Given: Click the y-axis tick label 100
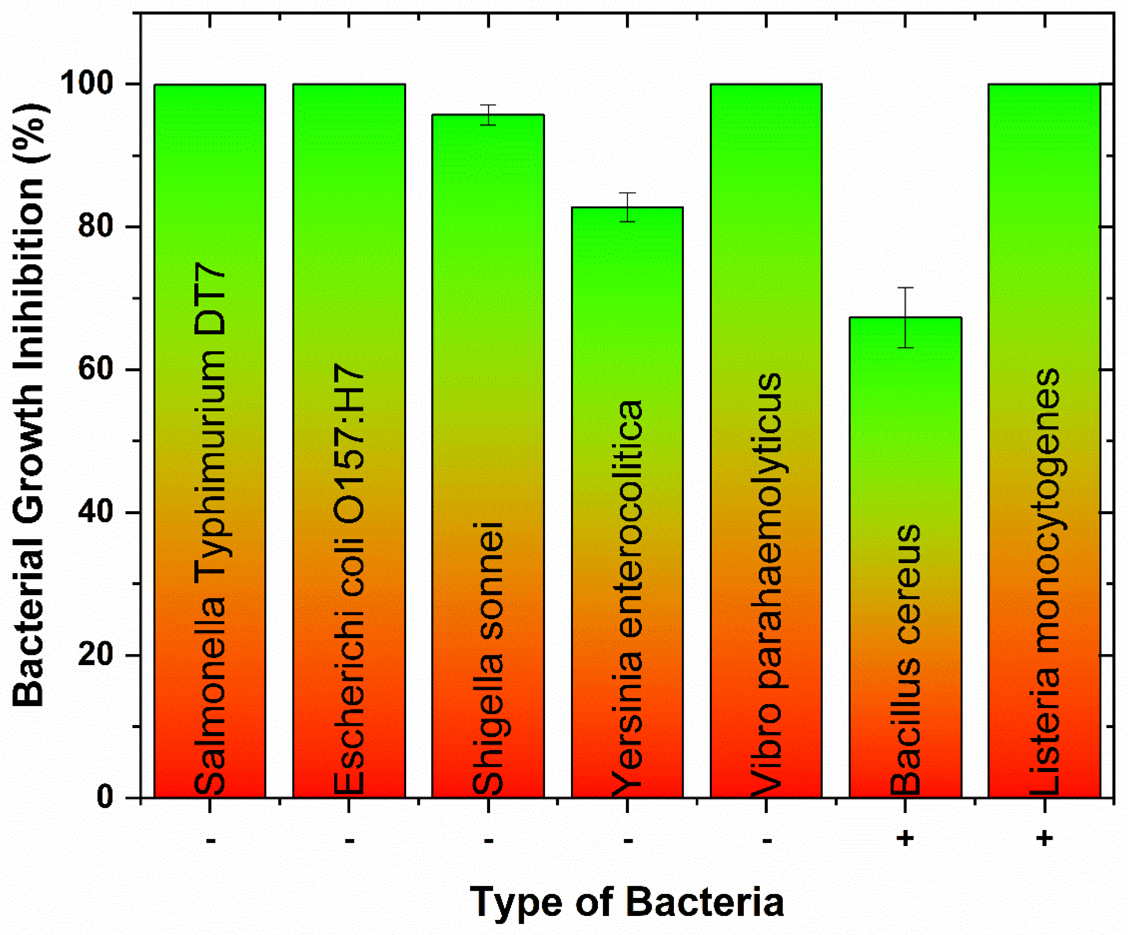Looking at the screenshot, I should pyautogui.click(x=94, y=84).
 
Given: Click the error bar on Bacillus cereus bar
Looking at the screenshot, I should pyautogui.click(x=905, y=318).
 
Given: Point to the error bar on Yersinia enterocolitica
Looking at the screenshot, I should pyautogui.click(x=627, y=207).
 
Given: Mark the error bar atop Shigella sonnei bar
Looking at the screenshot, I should pyautogui.click(x=488, y=115).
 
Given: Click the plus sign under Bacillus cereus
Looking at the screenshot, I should pyautogui.click(x=905, y=838).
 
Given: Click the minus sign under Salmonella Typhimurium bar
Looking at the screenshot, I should pyautogui.click(x=210, y=840).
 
